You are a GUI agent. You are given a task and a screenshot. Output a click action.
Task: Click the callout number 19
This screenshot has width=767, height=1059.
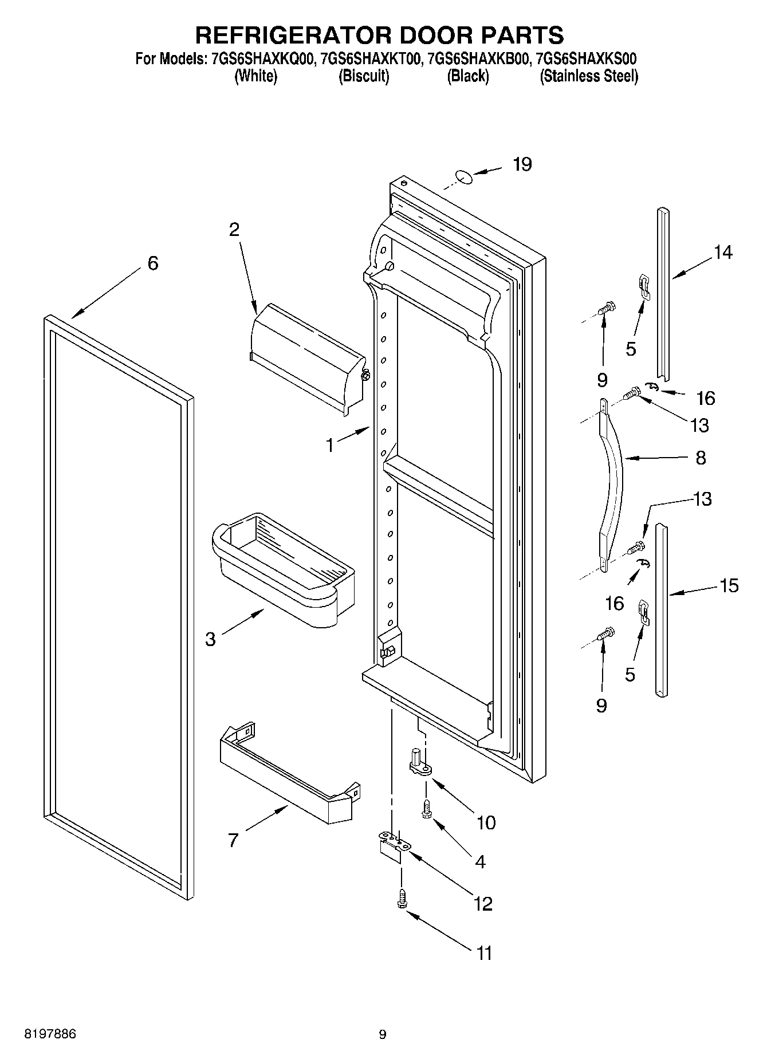click(x=522, y=165)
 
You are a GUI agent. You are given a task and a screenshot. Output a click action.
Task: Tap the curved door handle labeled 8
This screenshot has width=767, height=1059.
click(x=612, y=480)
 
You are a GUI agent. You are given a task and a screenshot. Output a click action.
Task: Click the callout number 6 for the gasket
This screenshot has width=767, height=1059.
click(x=152, y=263)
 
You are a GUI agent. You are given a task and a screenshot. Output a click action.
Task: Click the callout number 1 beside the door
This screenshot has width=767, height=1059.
click(x=330, y=445)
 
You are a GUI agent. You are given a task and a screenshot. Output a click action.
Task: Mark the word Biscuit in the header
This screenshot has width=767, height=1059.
click(x=364, y=76)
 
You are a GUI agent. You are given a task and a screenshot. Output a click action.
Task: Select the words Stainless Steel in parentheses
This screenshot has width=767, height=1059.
click(x=589, y=76)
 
